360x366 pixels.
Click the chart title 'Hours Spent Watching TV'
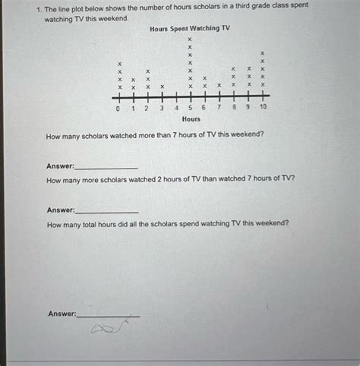coord(190,28)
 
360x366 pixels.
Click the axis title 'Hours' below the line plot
coord(191,119)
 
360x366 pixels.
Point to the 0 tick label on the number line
coord(118,109)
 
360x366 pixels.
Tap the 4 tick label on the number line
coord(176,109)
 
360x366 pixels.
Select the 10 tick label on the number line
coord(263,109)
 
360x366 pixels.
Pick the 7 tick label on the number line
coord(219,109)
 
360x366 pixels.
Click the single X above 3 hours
coord(162,87)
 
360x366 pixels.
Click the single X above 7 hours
coord(219,86)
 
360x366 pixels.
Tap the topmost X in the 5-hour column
coord(190,38)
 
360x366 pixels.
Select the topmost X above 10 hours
coord(263,52)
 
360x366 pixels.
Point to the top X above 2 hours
coord(148,70)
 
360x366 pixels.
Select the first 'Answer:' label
coord(60,166)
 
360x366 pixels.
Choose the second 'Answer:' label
coord(61,210)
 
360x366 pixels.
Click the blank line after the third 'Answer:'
coord(108,315)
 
